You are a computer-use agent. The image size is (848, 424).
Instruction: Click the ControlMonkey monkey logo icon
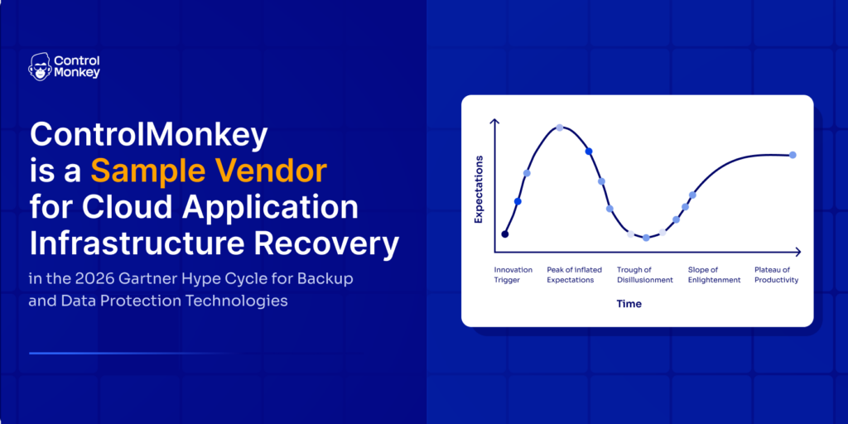coord(40,67)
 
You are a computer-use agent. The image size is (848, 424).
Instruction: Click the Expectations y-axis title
coord(479,190)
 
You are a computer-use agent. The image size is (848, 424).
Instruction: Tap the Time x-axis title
coord(629,304)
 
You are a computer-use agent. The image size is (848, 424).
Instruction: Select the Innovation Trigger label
coord(513,275)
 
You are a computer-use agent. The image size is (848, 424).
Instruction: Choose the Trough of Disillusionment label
coord(644,275)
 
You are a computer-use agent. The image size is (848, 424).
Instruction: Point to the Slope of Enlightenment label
coord(714,275)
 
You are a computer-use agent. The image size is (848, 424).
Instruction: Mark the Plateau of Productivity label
coord(776,275)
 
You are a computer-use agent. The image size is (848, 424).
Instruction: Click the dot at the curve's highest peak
coord(560,128)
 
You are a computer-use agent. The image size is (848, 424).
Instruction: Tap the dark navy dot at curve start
coord(504,234)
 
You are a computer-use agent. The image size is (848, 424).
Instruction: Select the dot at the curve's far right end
coord(793,155)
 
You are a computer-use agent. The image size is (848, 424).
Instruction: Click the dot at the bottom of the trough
coord(646,238)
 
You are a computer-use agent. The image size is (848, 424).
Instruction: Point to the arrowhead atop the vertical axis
coord(494,123)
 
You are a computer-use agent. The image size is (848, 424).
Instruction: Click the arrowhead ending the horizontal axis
coord(797,252)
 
